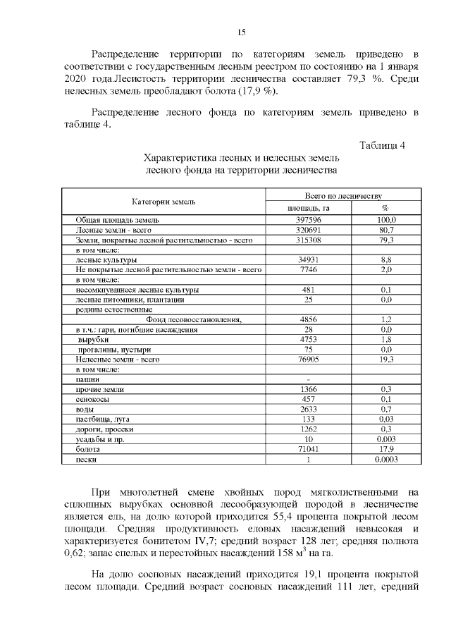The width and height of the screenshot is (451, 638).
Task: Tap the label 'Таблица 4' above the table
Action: [x=382, y=146]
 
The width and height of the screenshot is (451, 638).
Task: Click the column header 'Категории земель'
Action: [x=163, y=202]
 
